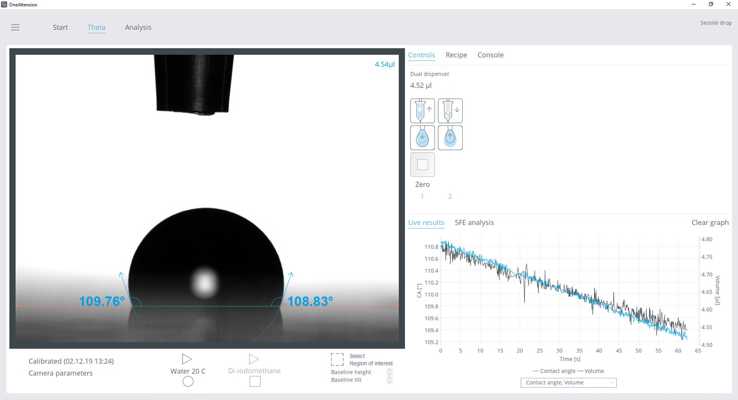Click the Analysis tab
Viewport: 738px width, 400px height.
click(138, 27)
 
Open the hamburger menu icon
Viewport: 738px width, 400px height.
click(15, 27)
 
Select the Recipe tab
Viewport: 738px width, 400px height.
click(456, 55)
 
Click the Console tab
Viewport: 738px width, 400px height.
click(490, 55)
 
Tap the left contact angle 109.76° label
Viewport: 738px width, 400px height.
click(101, 301)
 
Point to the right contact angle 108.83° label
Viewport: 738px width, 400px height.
click(310, 301)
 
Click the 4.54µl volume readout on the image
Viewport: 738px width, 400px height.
click(384, 64)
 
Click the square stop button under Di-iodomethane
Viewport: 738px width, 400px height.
click(255, 382)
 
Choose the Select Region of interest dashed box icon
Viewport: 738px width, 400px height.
click(337, 359)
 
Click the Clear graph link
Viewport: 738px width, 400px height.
click(710, 223)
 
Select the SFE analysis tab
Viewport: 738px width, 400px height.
click(474, 223)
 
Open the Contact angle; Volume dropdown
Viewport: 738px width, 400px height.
click(568, 382)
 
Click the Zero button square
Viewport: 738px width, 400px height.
click(423, 165)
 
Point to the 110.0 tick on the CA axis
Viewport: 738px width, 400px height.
click(431, 294)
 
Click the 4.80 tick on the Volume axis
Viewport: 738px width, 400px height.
click(707, 239)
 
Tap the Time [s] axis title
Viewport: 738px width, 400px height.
click(570, 359)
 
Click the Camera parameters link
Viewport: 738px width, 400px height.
click(60, 373)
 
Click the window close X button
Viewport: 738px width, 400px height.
click(728, 4)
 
